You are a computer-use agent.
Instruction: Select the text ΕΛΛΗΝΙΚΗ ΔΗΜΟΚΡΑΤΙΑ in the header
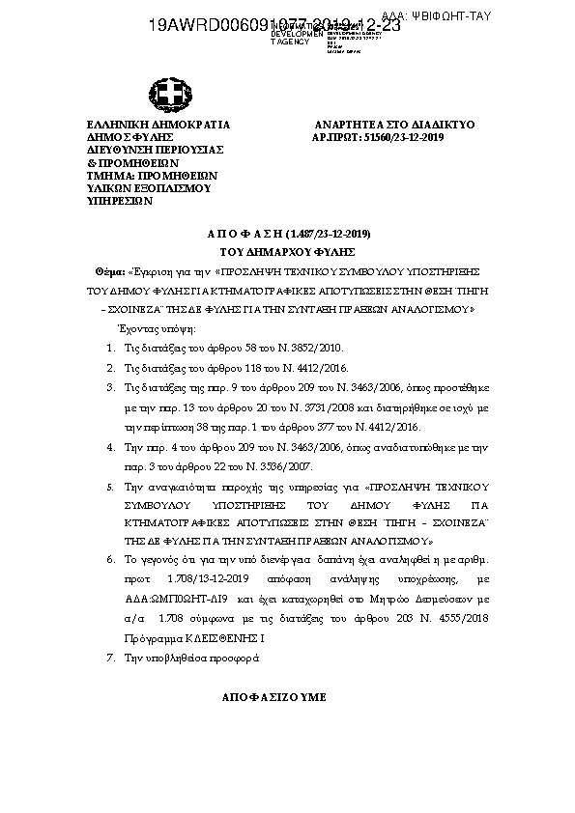point(158,126)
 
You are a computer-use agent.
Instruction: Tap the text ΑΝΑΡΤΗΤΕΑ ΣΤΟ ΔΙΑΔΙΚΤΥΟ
point(395,126)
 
